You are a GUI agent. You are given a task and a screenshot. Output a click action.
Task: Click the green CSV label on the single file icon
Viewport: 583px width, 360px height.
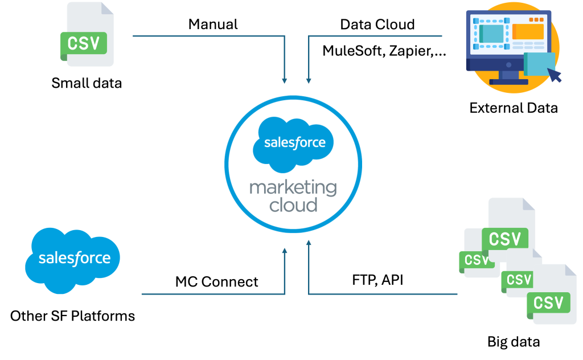click(x=84, y=43)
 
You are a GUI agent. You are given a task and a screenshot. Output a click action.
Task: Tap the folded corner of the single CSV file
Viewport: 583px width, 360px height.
click(x=107, y=9)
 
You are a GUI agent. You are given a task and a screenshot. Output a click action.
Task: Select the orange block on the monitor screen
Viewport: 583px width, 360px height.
click(x=528, y=31)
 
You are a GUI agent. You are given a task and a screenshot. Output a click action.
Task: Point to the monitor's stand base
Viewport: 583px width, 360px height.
click(x=508, y=81)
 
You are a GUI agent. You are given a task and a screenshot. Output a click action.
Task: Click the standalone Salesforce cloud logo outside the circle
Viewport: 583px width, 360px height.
click(x=73, y=259)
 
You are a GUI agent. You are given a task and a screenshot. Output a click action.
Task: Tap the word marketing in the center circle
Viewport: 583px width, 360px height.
click(x=293, y=187)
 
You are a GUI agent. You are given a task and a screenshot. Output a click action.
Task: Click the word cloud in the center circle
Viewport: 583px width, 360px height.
click(x=293, y=204)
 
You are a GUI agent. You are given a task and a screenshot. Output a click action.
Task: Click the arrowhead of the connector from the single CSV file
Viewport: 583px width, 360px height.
click(x=285, y=81)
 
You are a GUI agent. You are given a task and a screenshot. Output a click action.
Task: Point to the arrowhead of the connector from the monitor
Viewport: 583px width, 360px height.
click(x=309, y=81)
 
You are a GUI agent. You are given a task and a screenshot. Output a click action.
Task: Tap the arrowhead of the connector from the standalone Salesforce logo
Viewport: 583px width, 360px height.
click(x=285, y=249)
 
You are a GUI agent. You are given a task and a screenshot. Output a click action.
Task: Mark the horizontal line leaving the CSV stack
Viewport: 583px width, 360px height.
click(x=387, y=294)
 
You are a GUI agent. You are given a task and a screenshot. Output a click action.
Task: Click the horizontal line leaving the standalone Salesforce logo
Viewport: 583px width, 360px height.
click(x=211, y=294)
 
